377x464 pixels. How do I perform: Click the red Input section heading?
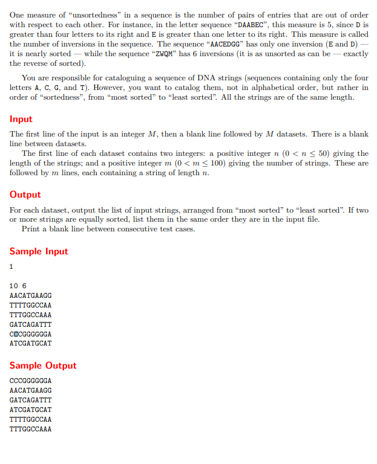pos(21,119)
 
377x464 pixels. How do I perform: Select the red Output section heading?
pos(25,195)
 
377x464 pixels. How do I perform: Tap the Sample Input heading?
pos(39,251)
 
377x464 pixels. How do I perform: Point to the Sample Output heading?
pos(43,366)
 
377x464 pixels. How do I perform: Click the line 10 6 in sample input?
pos(18,286)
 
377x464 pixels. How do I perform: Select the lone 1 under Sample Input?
pos(12,266)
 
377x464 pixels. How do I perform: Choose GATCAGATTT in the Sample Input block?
pos(31,324)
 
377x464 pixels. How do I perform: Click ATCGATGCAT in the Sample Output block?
pos(31,410)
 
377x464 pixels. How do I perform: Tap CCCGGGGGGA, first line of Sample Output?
pos(31,381)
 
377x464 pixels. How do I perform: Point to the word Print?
pos(31,229)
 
